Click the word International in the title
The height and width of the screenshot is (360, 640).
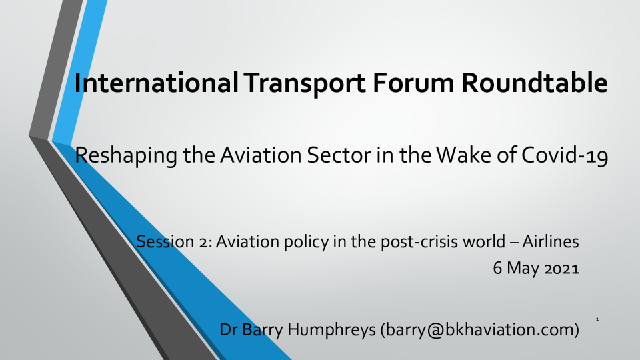point(156,83)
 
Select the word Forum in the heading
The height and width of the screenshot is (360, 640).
point(413,83)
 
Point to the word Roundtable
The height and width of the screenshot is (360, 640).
point(534,83)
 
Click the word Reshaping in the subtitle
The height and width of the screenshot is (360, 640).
point(126,155)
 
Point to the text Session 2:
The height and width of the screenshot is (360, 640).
point(174,241)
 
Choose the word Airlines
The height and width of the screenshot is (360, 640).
point(551,241)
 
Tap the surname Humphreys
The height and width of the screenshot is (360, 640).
point(331,330)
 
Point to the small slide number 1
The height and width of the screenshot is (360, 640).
point(597,319)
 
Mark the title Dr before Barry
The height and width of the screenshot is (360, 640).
point(229,329)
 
